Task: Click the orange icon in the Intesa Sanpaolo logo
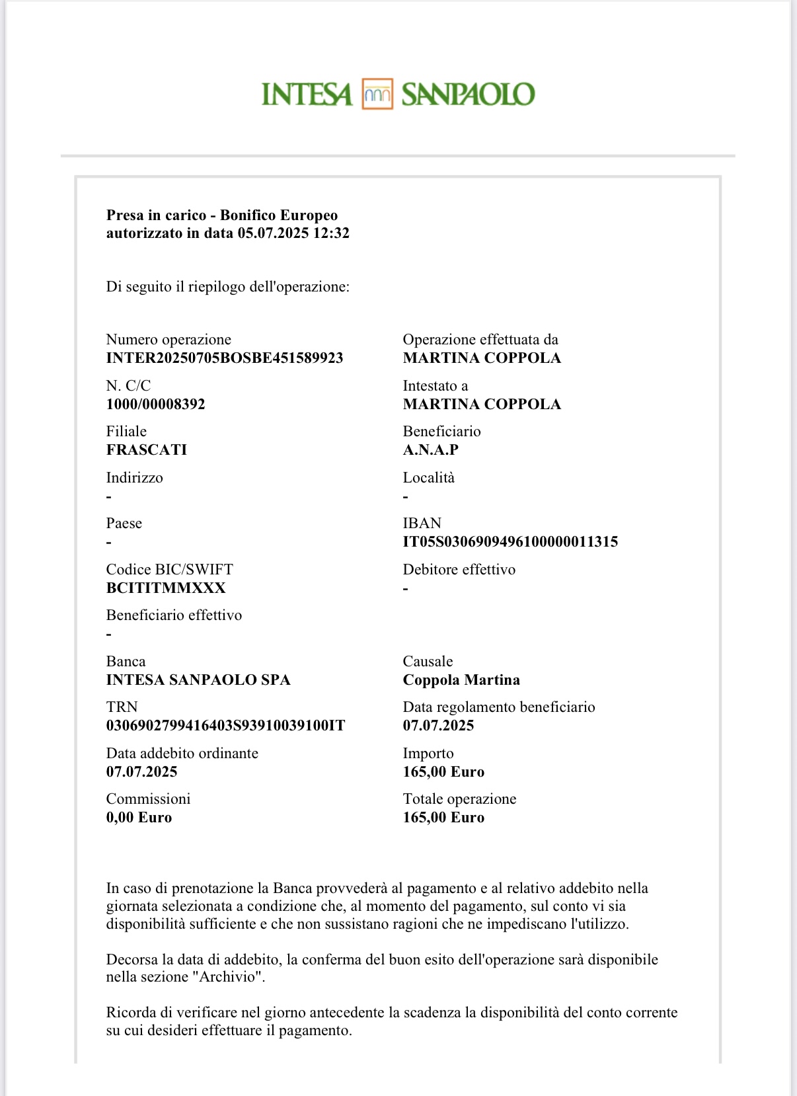click(377, 94)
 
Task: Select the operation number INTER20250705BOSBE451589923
click(225, 358)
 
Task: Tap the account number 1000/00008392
click(156, 405)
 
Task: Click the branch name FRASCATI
click(147, 450)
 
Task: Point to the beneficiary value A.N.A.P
click(431, 450)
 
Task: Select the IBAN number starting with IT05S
click(510, 542)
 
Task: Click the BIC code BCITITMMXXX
click(166, 588)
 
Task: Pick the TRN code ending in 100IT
click(225, 726)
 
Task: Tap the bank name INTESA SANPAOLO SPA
click(198, 680)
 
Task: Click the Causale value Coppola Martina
click(461, 680)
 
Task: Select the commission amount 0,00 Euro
click(139, 818)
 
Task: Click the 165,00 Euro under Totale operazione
click(443, 818)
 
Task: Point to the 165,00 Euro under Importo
click(443, 772)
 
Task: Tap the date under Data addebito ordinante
click(141, 772)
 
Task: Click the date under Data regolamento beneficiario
click(438, 726)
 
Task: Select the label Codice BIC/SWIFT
click(170, 570)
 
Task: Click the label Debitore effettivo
click(459, 570)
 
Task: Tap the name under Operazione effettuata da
click(482, 358)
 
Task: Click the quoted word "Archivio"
click(227, 977)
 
